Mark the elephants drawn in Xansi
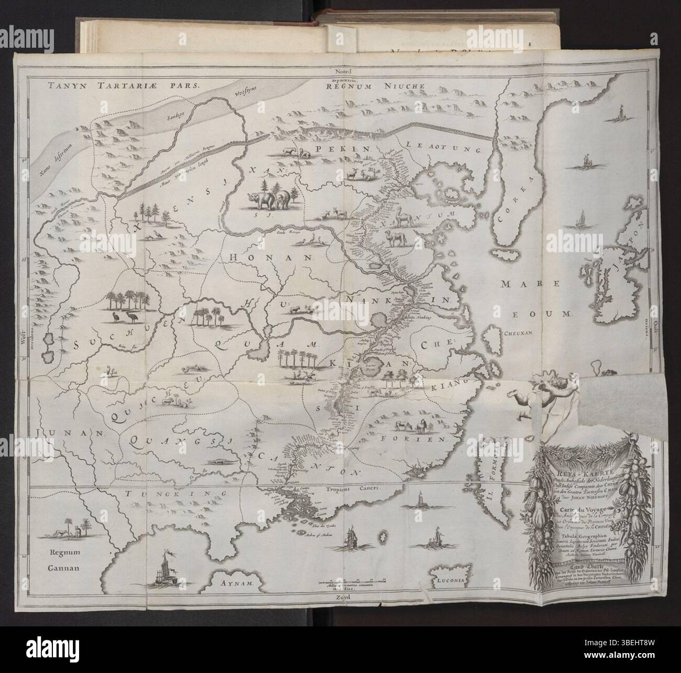(269, 200)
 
